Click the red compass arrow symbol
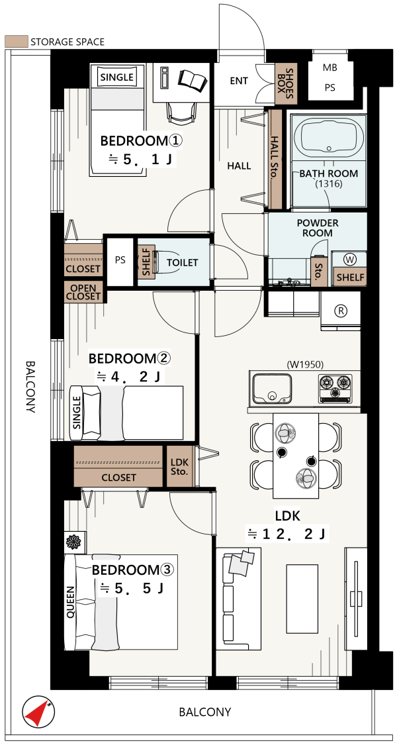click(38, 712)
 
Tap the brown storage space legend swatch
click(17, 41)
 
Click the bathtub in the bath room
click(328, 138)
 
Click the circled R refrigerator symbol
click(341, 311)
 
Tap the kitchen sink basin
click(272, 389)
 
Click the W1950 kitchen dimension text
click(304, 365)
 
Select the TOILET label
click(182, 262)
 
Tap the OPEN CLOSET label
click(83, 291)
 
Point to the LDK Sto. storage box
click(180, 467)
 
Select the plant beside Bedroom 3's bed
click(75, 542)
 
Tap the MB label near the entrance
click(330, 68)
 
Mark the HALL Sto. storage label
click(275, 158)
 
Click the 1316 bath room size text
click(329, 183)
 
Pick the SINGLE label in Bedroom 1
click(116, 77)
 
